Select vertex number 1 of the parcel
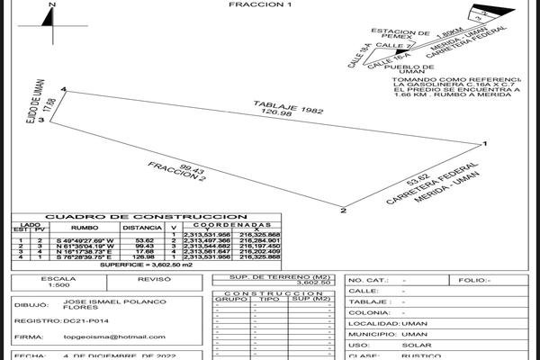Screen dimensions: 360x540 click(x=485, y=143)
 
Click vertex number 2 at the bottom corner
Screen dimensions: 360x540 click(x=344, y=211)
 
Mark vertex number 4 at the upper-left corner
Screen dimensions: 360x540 click(x=64, y=89)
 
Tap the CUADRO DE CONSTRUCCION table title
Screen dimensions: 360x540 click(x=146, y=217)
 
